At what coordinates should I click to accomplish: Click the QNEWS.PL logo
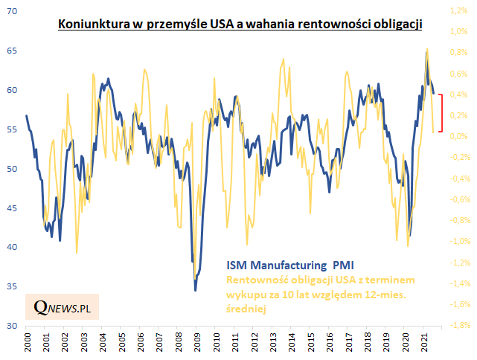coord(62,306)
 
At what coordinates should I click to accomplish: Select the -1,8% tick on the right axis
coord(457,326)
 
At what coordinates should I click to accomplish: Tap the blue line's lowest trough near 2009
coord(195,290)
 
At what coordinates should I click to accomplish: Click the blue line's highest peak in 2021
coord(426,51)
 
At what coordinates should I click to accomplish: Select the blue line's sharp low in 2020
coord(410,234)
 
